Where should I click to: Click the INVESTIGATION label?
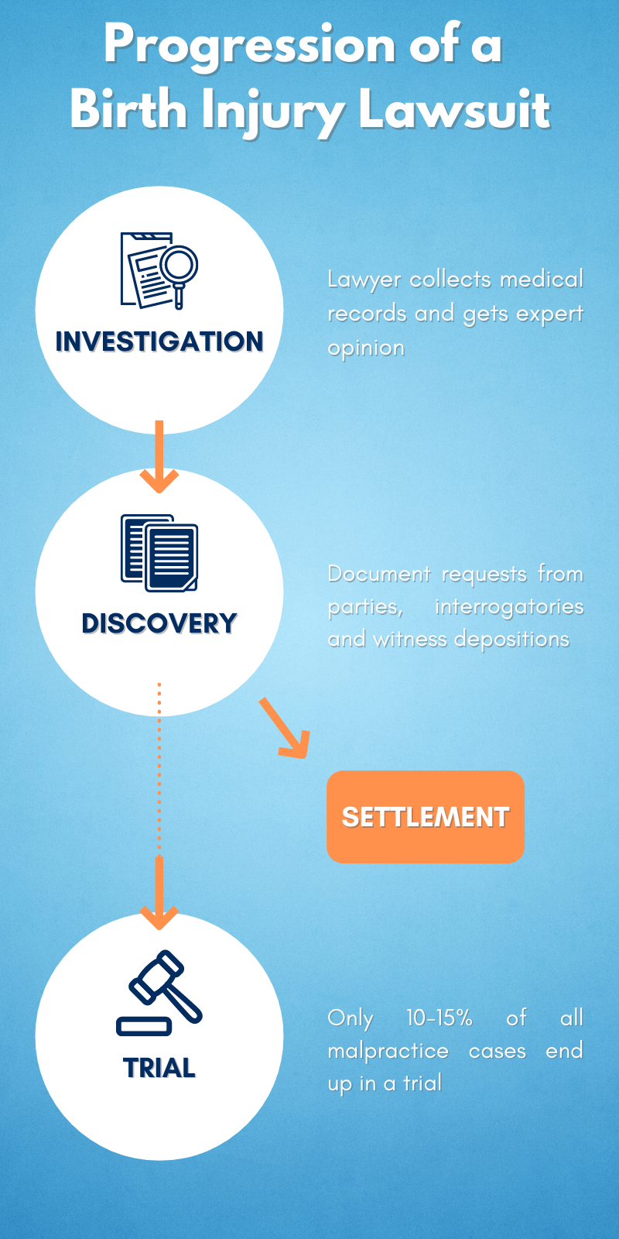point(159,341)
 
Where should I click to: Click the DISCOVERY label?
point(159,623)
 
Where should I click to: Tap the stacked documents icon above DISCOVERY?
point(159,553)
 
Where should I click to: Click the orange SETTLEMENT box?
point(425,817)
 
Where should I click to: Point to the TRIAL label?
point(159,1068)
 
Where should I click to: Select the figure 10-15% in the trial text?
point(439,1018)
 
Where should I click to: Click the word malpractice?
point(388,1051)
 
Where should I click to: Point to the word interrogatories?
point(508,606)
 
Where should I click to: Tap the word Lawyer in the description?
point(364,280)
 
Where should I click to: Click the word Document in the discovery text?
point(378,574)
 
